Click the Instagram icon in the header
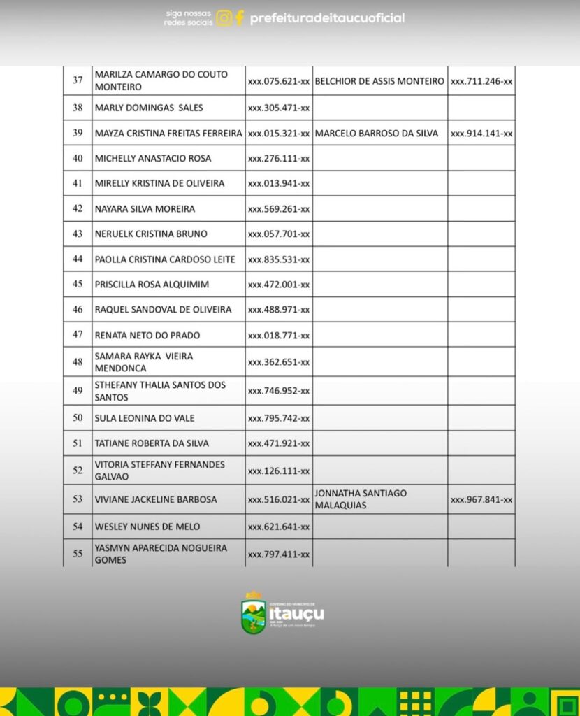(x=224, y=18)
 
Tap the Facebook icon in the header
(x=239, y=18)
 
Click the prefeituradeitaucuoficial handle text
(x=327, y=18)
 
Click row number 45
(x=78, y=285)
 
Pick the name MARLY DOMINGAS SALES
(x=149, y=108)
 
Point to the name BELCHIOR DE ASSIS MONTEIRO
(x=379, y=81)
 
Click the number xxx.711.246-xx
(x=481, y=81)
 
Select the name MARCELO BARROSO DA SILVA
(x=377, y=134)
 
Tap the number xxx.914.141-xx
(x=481, y=134)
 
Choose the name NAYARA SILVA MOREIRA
(x=145, y=209)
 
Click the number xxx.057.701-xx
(x=279, y=234)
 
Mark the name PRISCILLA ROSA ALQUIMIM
(x=152, y=285)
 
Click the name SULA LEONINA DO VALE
(x=145, y=418)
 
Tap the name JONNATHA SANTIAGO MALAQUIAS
(x=361, y=499)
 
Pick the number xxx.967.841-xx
(x=481, y=500)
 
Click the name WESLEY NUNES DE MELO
(x=147, y=527)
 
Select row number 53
(x=78, y=499)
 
